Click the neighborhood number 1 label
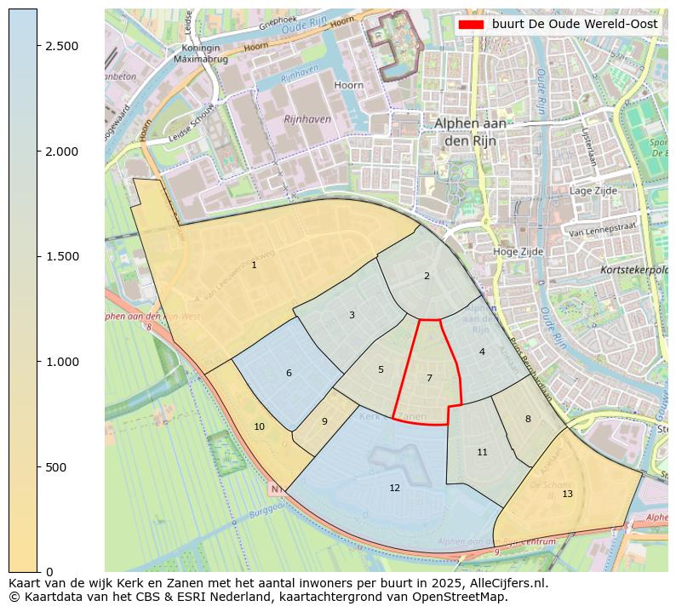point(254,266)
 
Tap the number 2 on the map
point(427,276)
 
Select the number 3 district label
point(352,316)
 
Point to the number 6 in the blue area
point(289,374)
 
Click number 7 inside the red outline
point(429,378)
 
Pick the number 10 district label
point(259,426)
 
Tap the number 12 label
point(394,488)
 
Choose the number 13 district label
point(567,494)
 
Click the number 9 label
point(324,421)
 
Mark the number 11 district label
point(482,452)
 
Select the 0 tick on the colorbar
point(49,572)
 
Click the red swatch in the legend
point(470,25)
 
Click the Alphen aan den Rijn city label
point(470,131)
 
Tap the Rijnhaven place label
point(307,119)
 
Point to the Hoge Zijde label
point(518,252)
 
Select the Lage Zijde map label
point(592,192)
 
